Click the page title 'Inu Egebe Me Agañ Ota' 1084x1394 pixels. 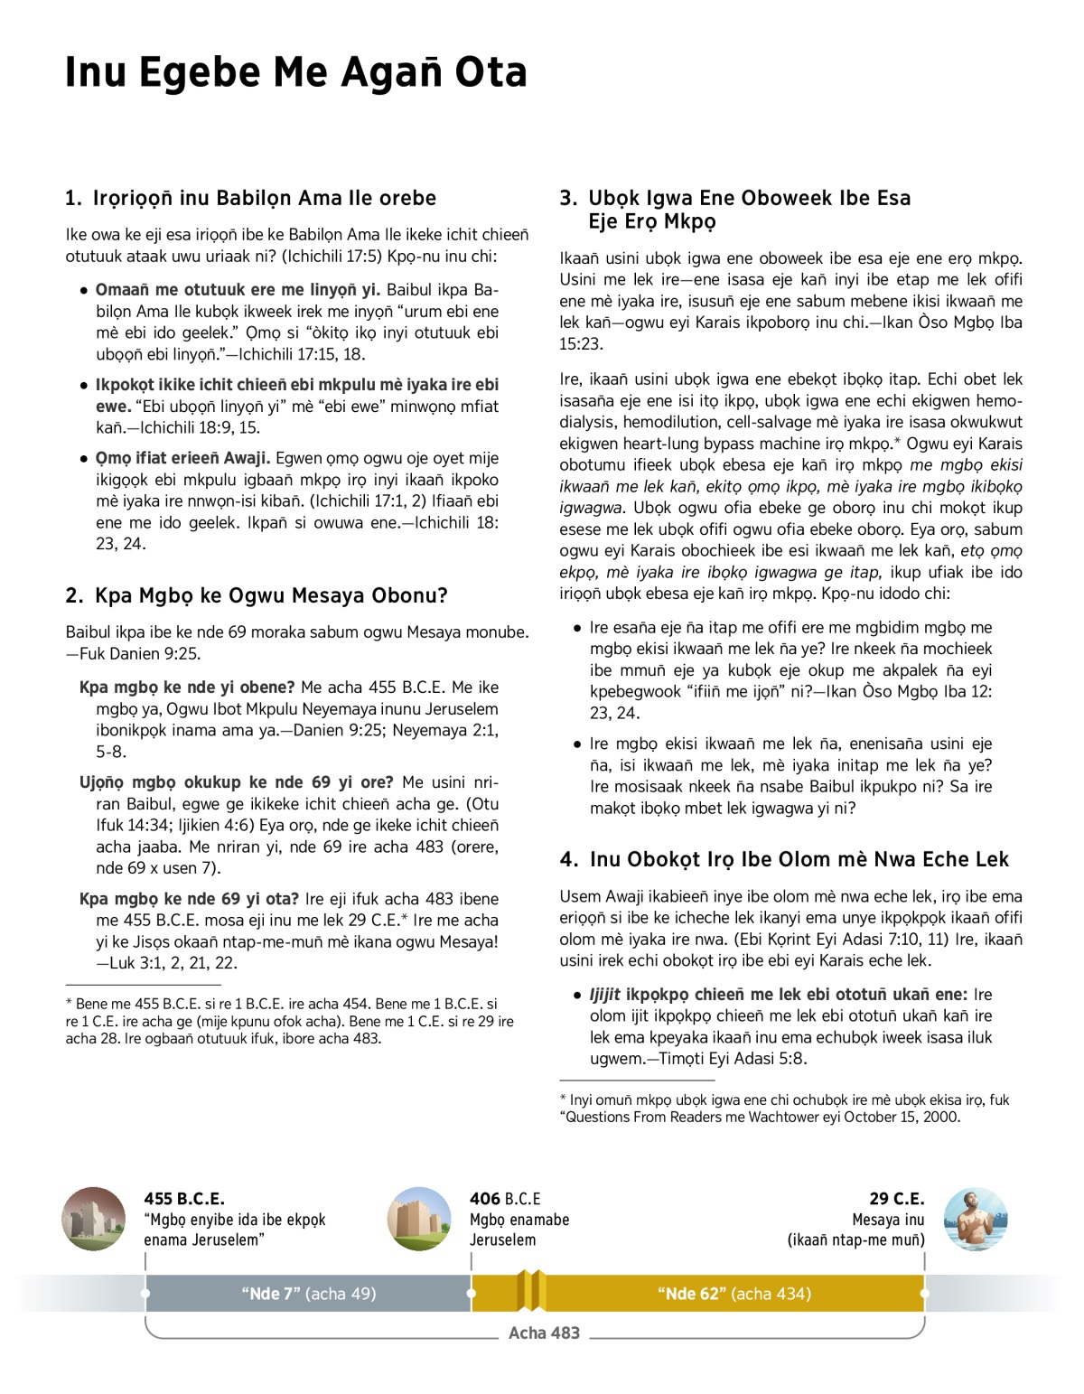click(x=295, y=72)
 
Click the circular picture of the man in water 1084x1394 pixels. click(x=976, y=1219)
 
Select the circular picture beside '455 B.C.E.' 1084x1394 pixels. click(x=94, y=1219)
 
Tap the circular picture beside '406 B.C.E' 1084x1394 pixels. click(x=419, y=1219)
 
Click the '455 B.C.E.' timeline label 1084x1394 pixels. click(x=184, y=1199)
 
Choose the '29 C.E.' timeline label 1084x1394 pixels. click(x=896, y=1199)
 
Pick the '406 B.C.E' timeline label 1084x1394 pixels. click(x=505, y=1199)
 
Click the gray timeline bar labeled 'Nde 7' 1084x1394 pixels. click(x=308, y=1294)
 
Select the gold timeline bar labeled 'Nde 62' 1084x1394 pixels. click(x=734, y=1294)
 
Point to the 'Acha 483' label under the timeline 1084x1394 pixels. click(x=544, y=1333)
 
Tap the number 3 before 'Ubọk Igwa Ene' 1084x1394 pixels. click(x=568, y=198)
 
